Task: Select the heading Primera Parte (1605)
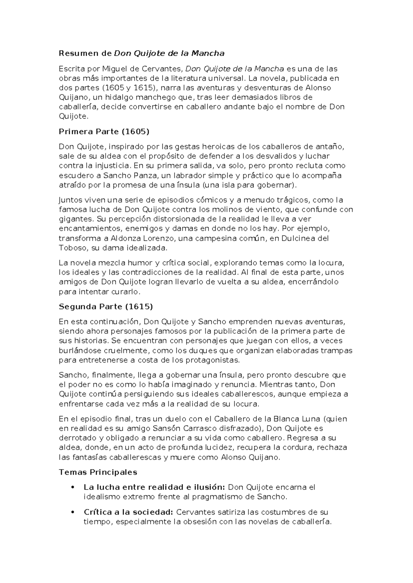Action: click(104, 132)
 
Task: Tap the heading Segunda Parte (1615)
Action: click(106, 306)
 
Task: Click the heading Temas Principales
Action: click(98, 472)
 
